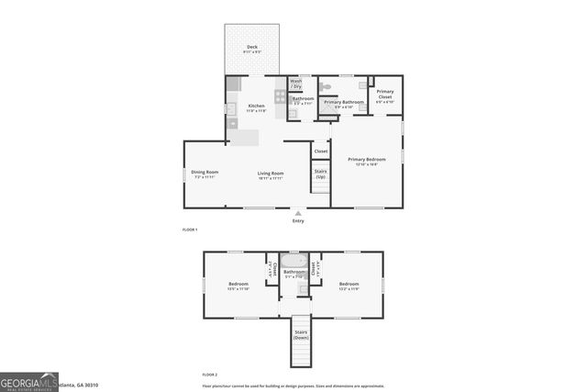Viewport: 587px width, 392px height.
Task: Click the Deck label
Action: (251, 46)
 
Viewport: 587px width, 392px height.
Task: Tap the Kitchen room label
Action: (256, 106)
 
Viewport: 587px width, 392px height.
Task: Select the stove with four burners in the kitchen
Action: (280, 95)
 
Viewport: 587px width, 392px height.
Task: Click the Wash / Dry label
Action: (295, 84)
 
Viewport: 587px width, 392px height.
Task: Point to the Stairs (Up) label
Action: (320, 174)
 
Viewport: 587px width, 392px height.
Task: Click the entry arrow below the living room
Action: (298, 212)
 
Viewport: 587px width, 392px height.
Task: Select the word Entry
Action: (298, 220)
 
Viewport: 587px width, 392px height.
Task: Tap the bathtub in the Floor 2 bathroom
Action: (293, 261)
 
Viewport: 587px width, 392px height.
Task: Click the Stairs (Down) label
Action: (301, 335)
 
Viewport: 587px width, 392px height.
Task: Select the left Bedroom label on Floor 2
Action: (238, 285)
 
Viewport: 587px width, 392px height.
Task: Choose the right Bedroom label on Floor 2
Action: (349, 285)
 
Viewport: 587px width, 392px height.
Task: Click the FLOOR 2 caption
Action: (210, 375)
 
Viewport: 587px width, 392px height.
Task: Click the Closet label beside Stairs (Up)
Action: (321, 151)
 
